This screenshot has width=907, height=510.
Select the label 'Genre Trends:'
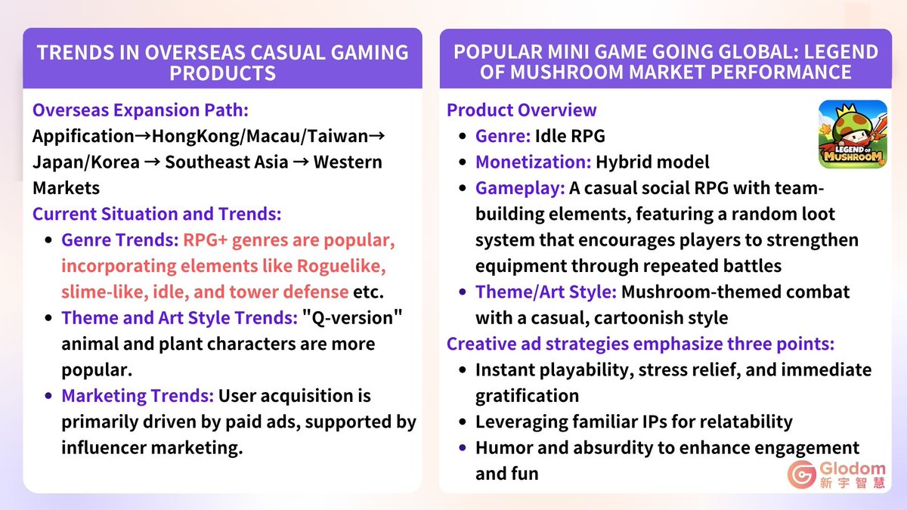(x=119, y=240)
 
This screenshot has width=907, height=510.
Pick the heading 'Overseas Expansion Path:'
(x=140, y=110)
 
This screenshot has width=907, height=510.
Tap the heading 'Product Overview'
(x=522, y=110)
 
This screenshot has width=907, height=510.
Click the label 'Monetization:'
(x=533, y=162)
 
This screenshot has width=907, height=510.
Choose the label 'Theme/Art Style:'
(x=546, y=292)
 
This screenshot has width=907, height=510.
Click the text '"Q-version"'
(x=352, y=318)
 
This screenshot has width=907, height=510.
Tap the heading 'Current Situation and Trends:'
(x=156, y=214)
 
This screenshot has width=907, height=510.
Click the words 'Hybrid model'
(x=652, y=162)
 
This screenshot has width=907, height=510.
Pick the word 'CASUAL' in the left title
(x=261, y=52)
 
